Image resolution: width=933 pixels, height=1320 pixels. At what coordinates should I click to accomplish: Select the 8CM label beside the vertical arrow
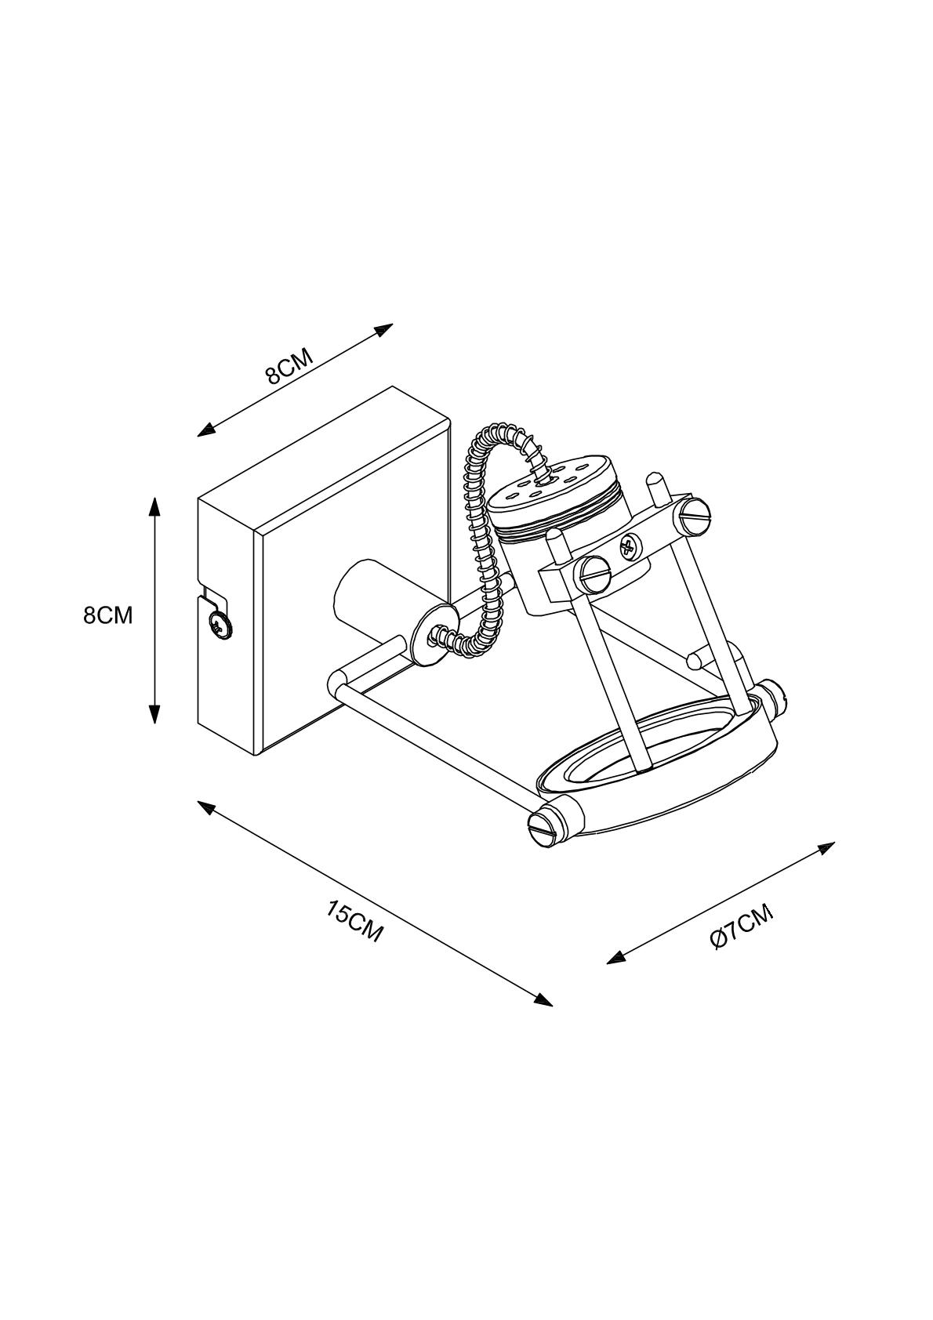coord(108,616)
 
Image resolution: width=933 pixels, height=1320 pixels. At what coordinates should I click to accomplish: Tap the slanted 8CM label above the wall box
coord(289,366)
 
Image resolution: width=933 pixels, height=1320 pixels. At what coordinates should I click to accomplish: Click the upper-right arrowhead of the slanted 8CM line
coord(382,329)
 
